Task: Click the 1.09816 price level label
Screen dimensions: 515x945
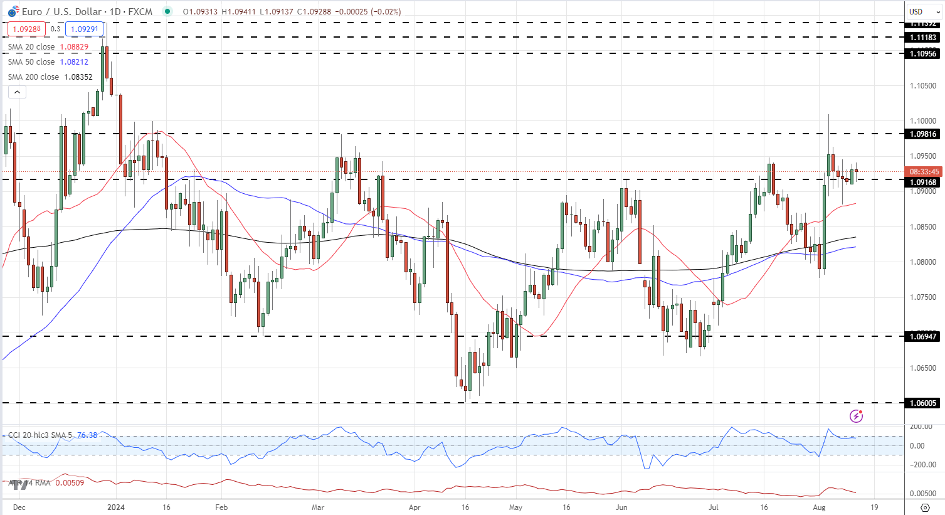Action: point(922,134)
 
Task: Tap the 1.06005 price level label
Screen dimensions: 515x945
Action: point(922,403)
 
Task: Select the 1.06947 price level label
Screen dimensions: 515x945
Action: point(922,337)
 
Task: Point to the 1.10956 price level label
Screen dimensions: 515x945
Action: point(922,54)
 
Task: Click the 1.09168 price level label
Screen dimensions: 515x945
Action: point(922,183)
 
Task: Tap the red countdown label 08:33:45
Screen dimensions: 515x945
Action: point(924,172)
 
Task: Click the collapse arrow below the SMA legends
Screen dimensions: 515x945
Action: point(17,92)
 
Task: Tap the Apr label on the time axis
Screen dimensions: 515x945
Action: point(414,507)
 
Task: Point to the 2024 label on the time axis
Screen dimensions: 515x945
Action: point(116,507)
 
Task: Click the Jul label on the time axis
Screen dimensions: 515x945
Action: point(714,507)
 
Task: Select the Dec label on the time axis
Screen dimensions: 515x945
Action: point(19,507)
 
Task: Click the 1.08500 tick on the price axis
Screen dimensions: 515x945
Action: point(923,227)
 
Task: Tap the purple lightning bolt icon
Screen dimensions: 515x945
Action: point(856,415)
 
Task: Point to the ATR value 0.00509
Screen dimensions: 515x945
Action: point(70,483)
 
